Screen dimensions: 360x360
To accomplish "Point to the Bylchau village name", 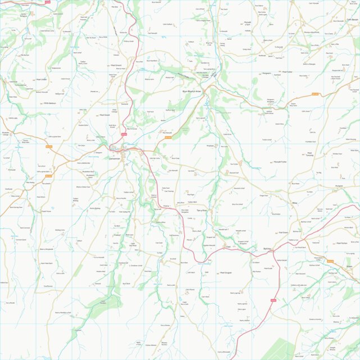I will [252, 248].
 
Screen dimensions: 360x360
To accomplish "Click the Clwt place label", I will [228, 246].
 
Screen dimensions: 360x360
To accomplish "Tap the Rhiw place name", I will [294, 203].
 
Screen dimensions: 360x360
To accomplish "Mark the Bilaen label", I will [349, 266].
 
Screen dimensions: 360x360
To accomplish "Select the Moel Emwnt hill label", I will [116, 65].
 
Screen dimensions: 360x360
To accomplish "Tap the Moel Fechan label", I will [341, 243].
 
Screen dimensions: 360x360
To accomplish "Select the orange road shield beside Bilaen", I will [330, 261].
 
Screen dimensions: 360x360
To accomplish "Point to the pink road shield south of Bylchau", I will [274, 300].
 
